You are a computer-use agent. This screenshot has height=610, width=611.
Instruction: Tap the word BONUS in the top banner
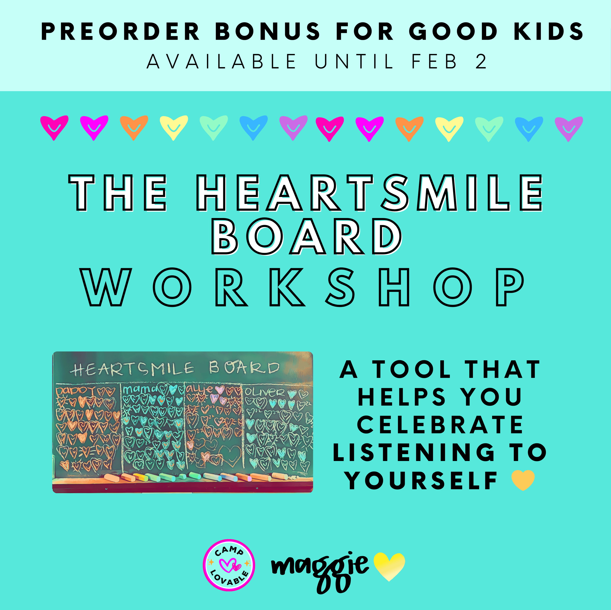(x=268, y=32)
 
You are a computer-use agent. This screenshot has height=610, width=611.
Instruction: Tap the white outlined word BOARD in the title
(x=307, y=237)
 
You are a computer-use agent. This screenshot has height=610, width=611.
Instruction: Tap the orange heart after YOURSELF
(x=523, y=480)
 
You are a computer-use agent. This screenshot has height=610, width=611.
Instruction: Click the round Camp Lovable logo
(x=229, y=565)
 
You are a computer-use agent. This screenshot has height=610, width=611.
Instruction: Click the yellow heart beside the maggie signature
(x=389, y=566)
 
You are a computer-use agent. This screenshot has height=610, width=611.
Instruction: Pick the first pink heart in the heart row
(x=54, y=128)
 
